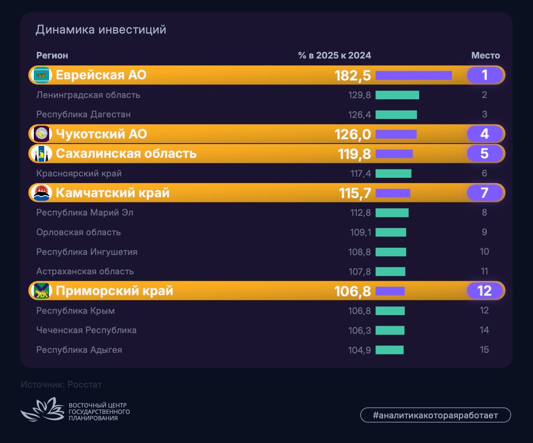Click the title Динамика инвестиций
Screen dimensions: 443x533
pyautogui.click(x=101, y=30)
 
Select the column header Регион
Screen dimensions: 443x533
pyautogui.click(x=52, y=56)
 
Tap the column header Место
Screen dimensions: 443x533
pyautogui.click(x=485, y=56)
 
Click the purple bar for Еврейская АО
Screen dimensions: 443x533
pyautogui.click(x=413, y=75)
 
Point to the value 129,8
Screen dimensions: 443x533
pyautogui.click(x=359, y=95)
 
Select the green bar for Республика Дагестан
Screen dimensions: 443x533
pyautogui.click(x=396, y=115)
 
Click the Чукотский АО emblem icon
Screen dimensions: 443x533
pyautogui.click(x=41, y=134)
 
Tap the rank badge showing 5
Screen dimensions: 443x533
pyautogui.click(x=484, y=154)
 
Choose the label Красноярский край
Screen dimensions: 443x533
pyautogui.click(x=79, y=174)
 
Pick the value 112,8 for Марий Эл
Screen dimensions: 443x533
pyautogui.click(x=360, y=213)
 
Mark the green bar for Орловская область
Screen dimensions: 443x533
pyautogui.click(x=391, y=232)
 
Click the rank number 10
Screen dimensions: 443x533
pyautogui.click(x=484, y=252)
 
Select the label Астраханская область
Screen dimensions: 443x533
pyautogui.click(x=85, y=271)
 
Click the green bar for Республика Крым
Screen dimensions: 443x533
pyautogui.click(x=390, y=311)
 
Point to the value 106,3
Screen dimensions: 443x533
pyautogui.click(x=359, y=330)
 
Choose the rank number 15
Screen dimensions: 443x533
pyautogui.click(x=484, y=350)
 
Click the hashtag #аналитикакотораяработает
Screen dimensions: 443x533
pyautogui.click(x=435, y=415)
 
